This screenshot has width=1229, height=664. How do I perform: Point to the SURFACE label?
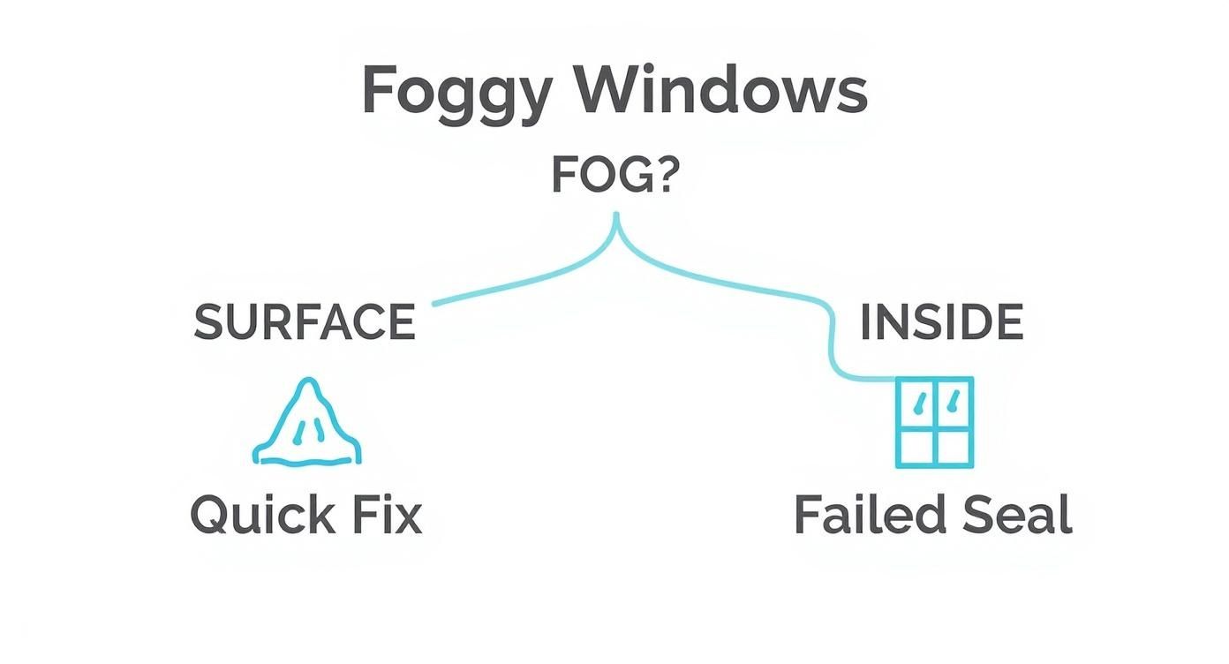305,322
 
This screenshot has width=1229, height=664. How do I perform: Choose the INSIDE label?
941,322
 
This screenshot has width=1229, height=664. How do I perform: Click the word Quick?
261,516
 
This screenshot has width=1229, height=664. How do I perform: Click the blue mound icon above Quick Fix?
306,425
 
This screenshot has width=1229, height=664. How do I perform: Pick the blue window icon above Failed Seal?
934,422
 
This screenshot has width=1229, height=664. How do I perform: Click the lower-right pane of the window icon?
954,446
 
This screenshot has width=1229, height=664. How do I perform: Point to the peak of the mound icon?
307,382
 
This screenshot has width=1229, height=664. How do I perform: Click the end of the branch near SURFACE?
434,305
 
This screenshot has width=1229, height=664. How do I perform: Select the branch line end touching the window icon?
893,380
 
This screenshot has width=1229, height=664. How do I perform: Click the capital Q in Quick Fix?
213,515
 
